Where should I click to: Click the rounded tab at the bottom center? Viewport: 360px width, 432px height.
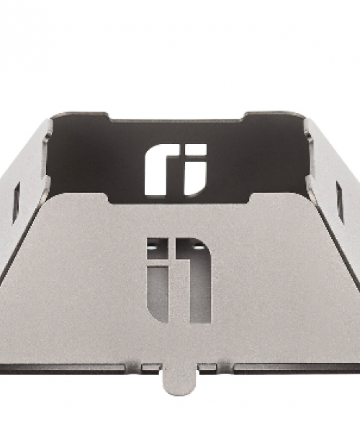(x=180, y=377)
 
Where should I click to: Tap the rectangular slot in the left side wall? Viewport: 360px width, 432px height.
(x=17, y=201)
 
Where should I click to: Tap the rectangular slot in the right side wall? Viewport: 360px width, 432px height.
(x=340, y=201)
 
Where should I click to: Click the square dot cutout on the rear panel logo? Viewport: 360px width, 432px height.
(x=195, y=150)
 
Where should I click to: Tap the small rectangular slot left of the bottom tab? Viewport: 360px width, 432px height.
(x=151, y=367)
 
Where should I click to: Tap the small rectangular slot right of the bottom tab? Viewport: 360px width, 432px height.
(x=208, y=366)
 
